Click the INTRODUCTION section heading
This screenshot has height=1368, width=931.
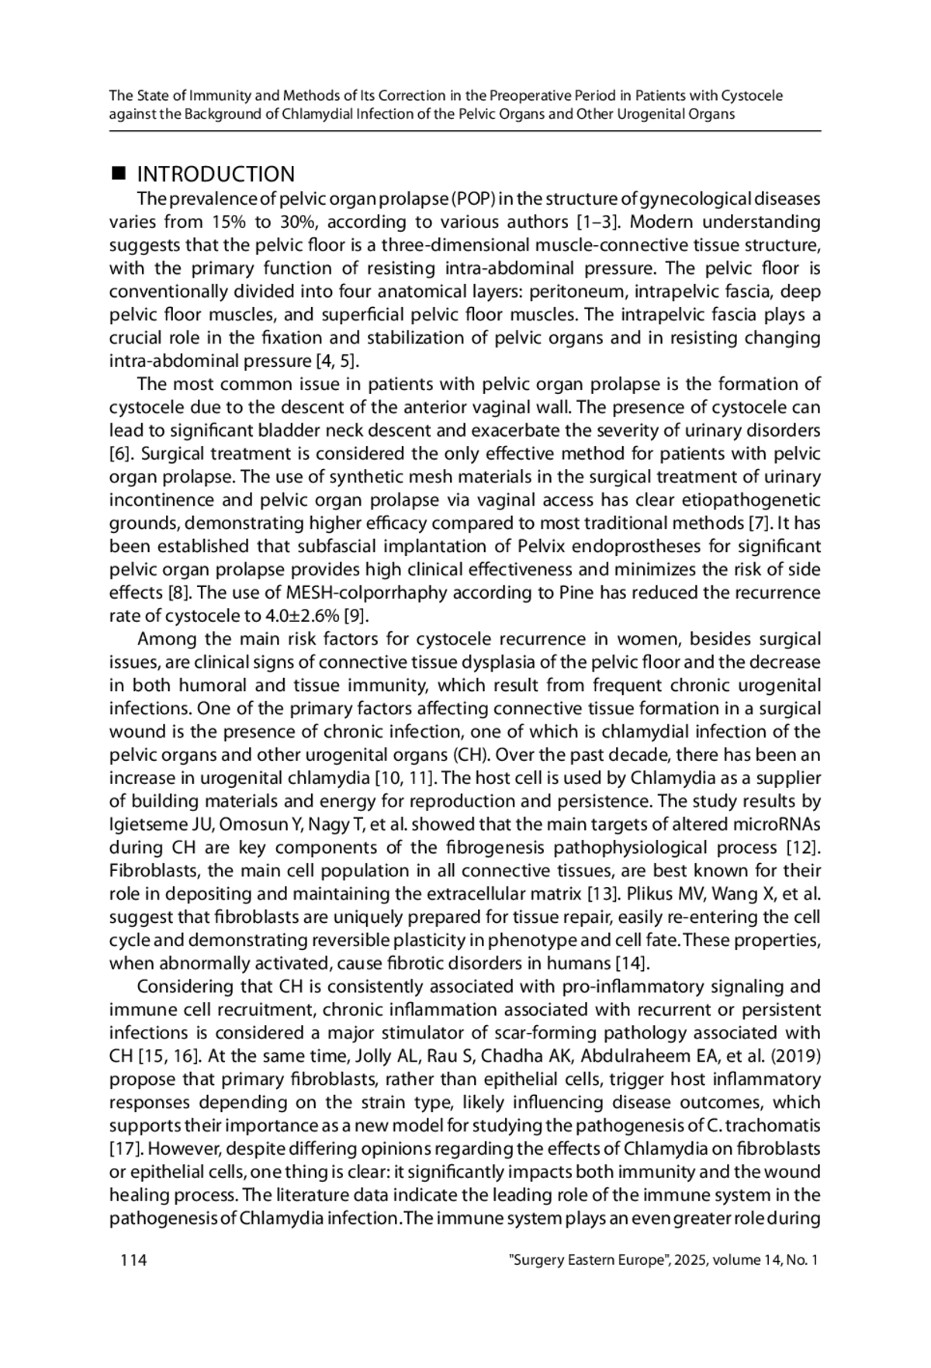(216, 174)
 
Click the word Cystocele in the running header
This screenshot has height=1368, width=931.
(752, 96)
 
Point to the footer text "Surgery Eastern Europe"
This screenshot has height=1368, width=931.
(588, 1259)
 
